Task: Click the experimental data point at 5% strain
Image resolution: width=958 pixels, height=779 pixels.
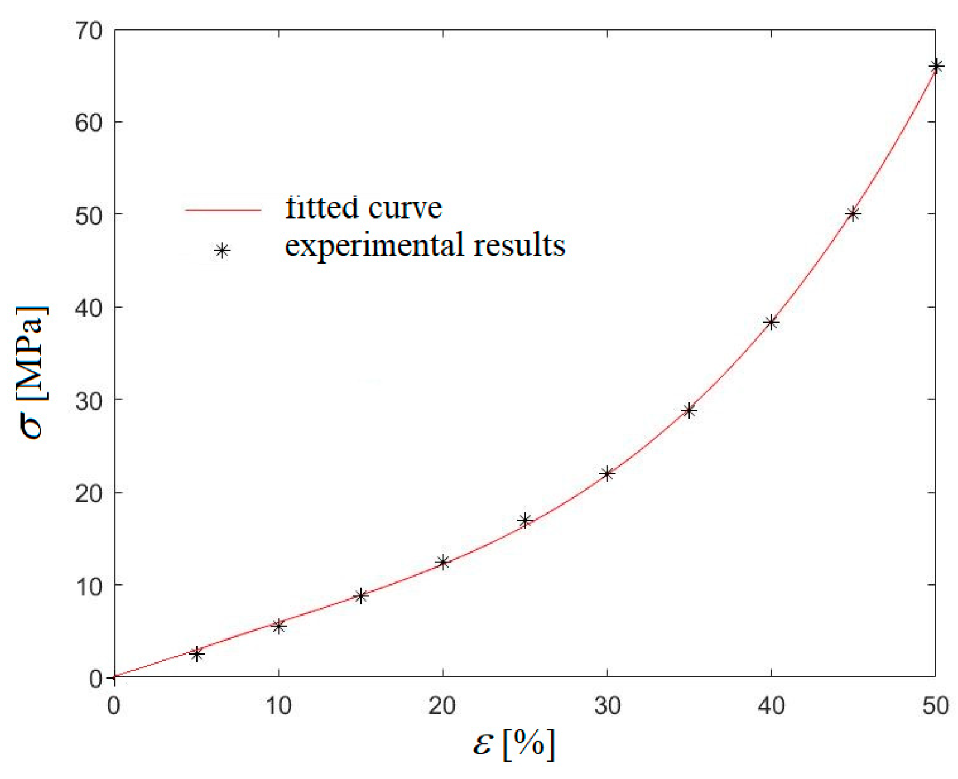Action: [196, 654]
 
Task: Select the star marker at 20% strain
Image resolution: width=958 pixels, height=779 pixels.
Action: [443, 562]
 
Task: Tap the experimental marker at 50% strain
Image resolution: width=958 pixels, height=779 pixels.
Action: [936, 66]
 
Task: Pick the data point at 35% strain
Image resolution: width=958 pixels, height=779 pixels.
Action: [690, 411]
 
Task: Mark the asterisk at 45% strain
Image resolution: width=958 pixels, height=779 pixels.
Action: [853, 214]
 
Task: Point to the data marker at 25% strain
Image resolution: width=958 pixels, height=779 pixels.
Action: [525, 520]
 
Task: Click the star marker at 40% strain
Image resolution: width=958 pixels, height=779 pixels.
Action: [771, 323]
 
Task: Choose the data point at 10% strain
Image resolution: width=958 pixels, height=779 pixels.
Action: [279, 626]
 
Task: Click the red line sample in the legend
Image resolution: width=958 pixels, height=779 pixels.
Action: [223, 210]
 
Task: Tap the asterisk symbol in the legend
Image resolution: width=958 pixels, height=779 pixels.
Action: [222, 251]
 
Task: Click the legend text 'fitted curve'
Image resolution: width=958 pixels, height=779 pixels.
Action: [363, 208]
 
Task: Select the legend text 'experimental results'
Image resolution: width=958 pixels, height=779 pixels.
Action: [425, 246]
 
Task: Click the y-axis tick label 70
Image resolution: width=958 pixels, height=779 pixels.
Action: [89, 31]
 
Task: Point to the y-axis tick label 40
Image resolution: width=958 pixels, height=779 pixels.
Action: [89, 308]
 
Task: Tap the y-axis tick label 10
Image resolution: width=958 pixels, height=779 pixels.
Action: [89, 586]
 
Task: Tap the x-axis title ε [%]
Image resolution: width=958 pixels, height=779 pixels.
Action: [514, 745]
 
